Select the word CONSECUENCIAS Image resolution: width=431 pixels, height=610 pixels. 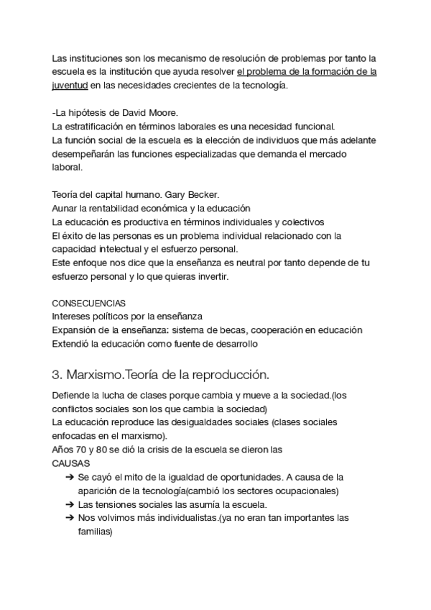pos(88,304)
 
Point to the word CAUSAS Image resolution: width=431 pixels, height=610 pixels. pos(70,464)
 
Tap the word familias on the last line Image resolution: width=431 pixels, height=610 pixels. pos(95,532)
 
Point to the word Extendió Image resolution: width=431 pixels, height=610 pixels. pos(72,344)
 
